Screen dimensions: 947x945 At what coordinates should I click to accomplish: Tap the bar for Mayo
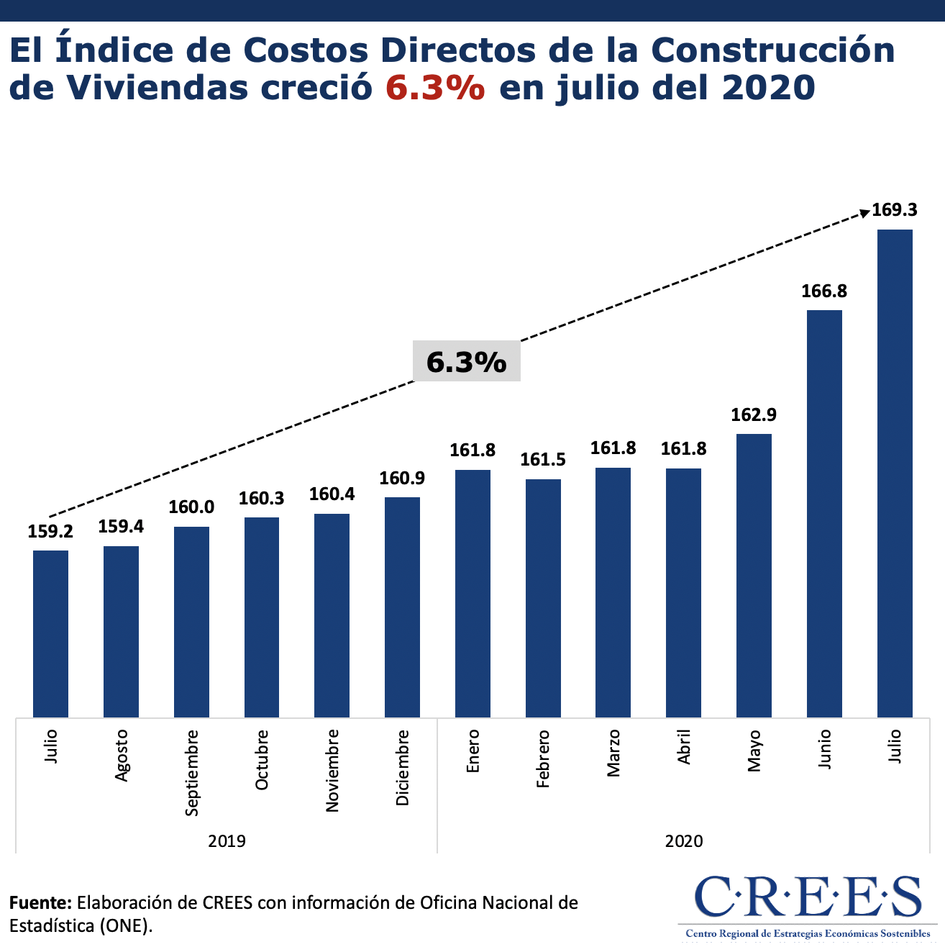tap(754, 575)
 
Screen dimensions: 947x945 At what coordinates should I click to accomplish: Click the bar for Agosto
tap(121, 631)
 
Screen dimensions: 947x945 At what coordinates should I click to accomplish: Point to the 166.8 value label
tap(824, 291)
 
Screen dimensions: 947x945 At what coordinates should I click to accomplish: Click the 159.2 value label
tap(50, 532)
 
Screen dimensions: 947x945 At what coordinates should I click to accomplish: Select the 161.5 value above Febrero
tap(543, 460)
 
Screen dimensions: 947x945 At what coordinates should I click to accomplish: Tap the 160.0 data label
tap(191, 507)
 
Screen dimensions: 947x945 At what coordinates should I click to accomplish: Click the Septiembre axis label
tap(191, 773)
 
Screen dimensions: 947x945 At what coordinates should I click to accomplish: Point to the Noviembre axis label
tap(332, 771)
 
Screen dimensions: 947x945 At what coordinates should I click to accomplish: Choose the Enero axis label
tap(472, 751)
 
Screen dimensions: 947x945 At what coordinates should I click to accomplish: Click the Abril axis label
tap(683, 747)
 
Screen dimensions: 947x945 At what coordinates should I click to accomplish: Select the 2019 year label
tap(227, 840)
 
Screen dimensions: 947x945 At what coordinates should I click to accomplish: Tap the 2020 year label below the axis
tap(683, 840)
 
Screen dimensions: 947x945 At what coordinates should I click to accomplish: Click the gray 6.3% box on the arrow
tap(466, 361)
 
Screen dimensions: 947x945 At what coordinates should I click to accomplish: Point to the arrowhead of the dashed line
tap(864, 212)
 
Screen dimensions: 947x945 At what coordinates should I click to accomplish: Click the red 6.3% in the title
tap(435, 87)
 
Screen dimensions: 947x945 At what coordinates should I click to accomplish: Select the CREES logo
tap(808, 904)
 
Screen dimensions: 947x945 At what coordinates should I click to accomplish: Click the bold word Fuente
tap(40, 902)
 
